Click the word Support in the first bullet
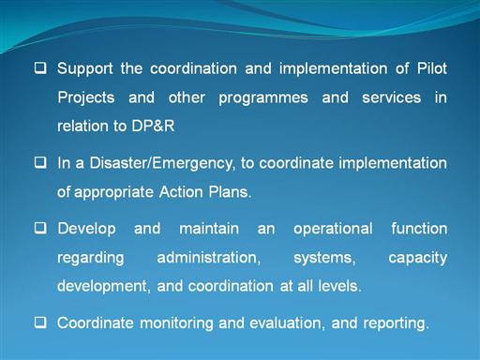coord(84,69)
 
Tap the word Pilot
coord(432,68)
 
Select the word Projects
coord(86,98)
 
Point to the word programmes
coord(263,98)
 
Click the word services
coord(391,97)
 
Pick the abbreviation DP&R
coord(153,126)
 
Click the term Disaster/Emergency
coord(161,163)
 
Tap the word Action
coord(181,191)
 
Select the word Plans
coord(230,191)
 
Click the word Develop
coord(86,229)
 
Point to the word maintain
coord(209,229)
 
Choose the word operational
coord(333,229)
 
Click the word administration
coord(209,258)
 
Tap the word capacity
coord(418,259)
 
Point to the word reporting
coord(396,323)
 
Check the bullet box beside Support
coord(40,67)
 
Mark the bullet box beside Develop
coord(40,228)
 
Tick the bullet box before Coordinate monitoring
coord(40,322)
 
